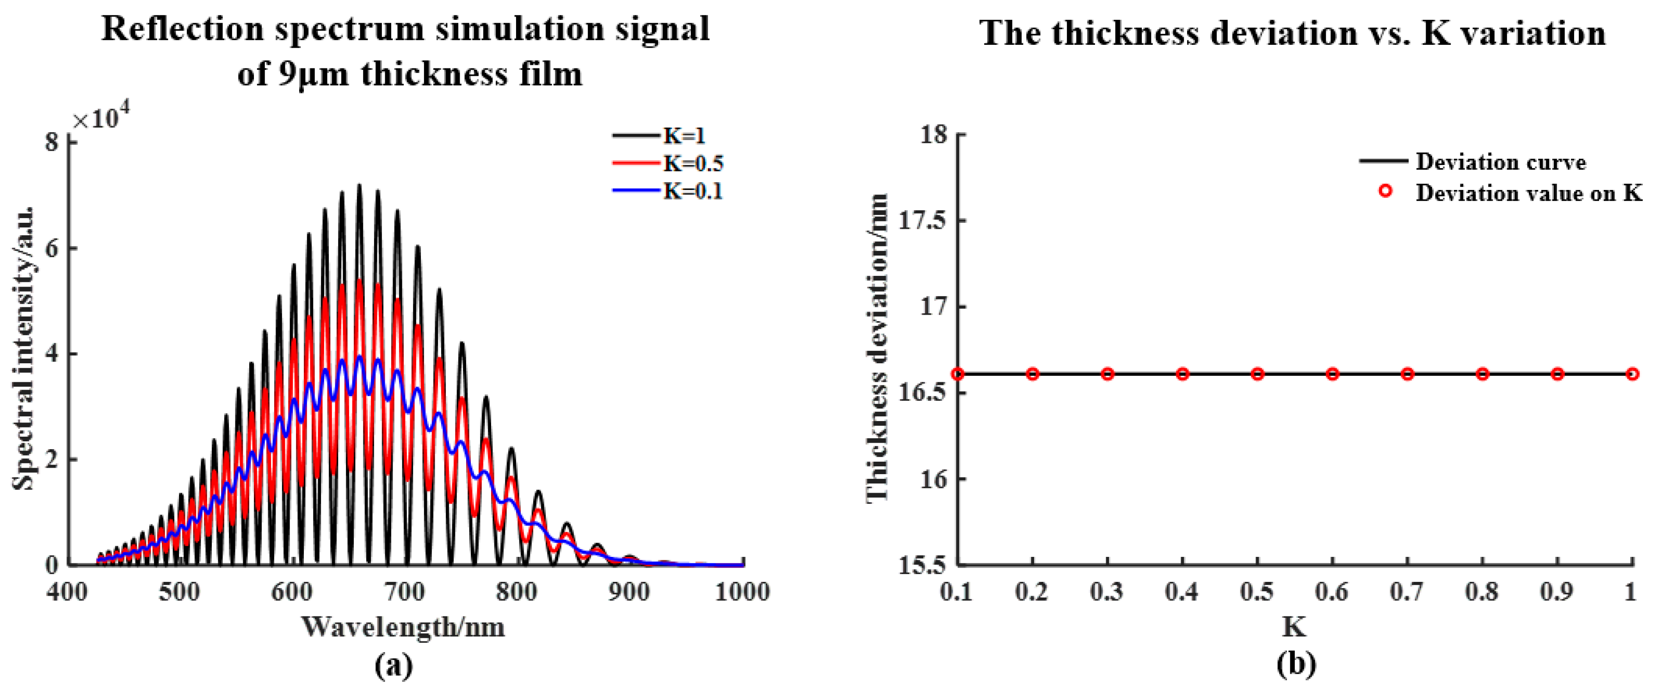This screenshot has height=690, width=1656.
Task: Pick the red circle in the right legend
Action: (1386, 191)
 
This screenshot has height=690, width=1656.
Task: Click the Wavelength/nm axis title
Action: (404, 626)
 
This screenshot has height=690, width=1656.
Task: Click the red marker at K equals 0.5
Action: (1257, 374)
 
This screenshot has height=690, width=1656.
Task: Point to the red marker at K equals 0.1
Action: (958, 374)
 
